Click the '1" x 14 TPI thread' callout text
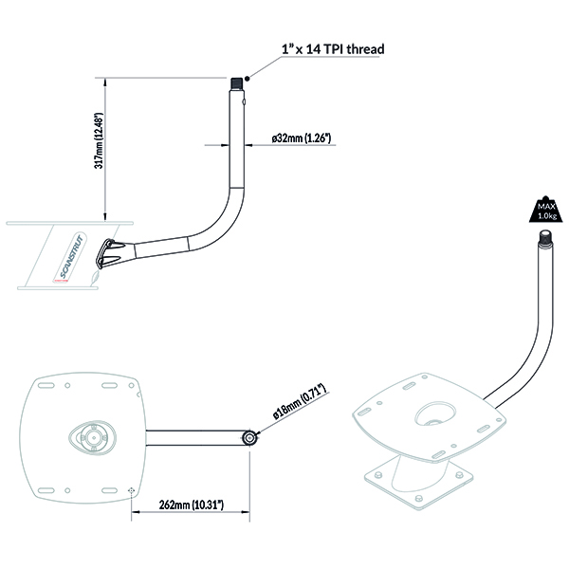tap(333, 49)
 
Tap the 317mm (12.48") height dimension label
tap(99, 140)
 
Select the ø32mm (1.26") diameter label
tap(302, 138)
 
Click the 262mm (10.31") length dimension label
tap(192, 505)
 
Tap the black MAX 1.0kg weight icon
tap(546, 210)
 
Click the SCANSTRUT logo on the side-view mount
tap(71, 257)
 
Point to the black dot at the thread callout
tap(248, 79)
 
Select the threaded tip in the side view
tap(237, 84)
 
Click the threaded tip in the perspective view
tap(546, 238)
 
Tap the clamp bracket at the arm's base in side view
tap(109, 253)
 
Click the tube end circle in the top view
tap(249, 438)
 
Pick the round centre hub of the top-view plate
tap(93, 437)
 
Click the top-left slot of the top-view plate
tap(46, 385)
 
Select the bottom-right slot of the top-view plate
tap(109, 490)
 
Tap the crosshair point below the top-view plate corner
tap(132, 490)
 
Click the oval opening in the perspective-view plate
tap(434, 413)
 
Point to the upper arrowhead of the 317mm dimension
tap(105, 83)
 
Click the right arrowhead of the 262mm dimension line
tap(246, 512)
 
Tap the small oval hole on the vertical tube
tap(245, 102)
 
